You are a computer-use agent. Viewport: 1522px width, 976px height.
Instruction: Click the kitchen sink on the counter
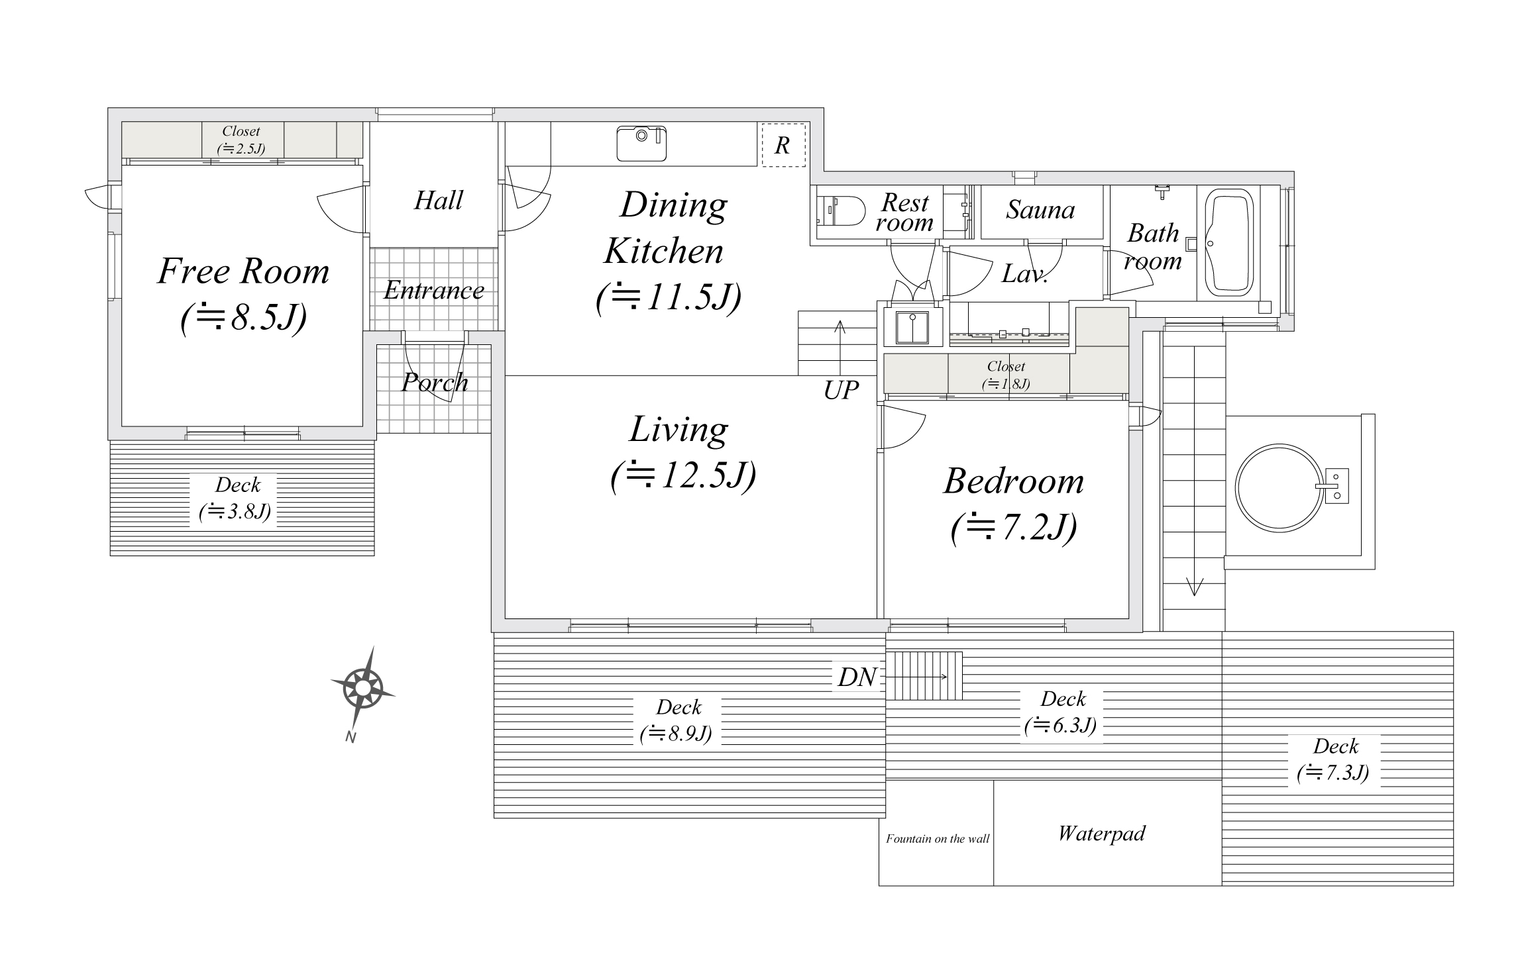pos(641,143)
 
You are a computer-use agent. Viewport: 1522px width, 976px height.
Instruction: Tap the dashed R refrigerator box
pos(783,145)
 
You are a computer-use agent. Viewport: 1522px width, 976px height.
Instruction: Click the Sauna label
pos(1040,211)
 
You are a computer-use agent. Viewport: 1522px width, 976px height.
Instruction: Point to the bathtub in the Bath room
pos(1228,244)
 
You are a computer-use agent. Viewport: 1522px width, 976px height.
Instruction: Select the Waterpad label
pos(1101,833)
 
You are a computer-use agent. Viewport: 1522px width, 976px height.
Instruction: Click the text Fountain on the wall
pos(937,839)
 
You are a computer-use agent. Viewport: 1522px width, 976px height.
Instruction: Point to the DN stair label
pos(857,677)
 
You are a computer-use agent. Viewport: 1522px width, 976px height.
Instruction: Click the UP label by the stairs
pos(841,391)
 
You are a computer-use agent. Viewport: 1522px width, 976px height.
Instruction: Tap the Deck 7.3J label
pos(1334,760)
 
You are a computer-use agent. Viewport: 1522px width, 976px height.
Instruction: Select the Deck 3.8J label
pos(237,499)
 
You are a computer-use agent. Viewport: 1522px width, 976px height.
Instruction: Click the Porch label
pos(435,383)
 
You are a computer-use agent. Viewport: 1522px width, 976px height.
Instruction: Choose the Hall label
pos(438,201)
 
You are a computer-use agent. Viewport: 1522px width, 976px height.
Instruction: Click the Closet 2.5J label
pos(241,140)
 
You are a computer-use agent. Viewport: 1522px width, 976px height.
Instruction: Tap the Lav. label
pos(1024,274)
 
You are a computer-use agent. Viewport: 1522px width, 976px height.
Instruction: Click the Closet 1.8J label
pos(1006,375)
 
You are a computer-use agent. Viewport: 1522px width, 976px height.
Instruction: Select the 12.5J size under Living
pos(682,475)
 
